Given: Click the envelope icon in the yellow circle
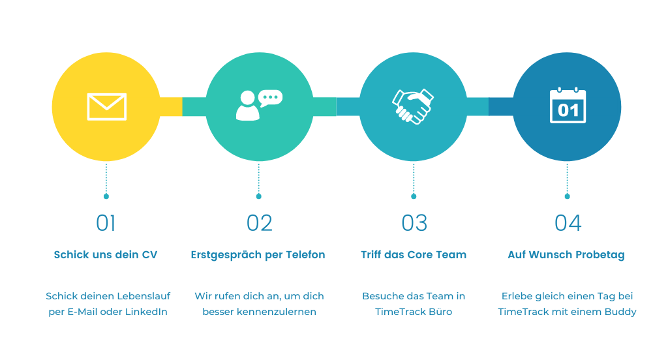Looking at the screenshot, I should tap(106, 107).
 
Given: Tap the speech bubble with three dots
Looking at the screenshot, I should tap(270, 98).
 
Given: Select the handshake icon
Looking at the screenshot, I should tap(413, 106).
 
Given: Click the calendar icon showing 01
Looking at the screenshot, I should tap(568, 106).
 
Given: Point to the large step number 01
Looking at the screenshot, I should tap(106, 223).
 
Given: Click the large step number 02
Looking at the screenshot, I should tap(259, 223).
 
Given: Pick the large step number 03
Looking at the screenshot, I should tap(414, 223).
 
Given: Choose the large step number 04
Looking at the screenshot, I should tap(568, 223).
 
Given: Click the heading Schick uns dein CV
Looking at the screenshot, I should tap(106, 254).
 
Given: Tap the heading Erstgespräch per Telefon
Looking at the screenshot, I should tap(258, 254).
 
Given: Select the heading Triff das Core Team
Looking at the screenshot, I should tap(414, 254).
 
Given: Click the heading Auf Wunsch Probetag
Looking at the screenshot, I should tap(566, 254).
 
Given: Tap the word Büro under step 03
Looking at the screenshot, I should tap(441, 312).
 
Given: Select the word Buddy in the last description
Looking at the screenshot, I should tap(620, 312).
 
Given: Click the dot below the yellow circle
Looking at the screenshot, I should tap(106, 196).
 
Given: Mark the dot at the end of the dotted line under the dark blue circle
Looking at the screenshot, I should tap(567, 196).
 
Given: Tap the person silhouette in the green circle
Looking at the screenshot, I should tap(247, 106).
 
